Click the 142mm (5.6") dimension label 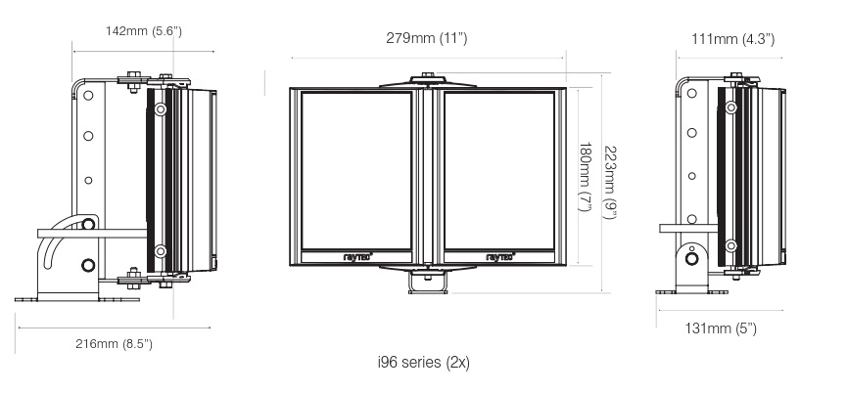[x=144, y=32]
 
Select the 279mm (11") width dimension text [x=427, y=38]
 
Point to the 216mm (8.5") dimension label [x=115, y=344]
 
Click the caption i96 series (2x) [x=424, y=362]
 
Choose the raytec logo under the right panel [x=498, y=258]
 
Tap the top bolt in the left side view [x=133, y=76]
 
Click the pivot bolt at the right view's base [x=693, y=258]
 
